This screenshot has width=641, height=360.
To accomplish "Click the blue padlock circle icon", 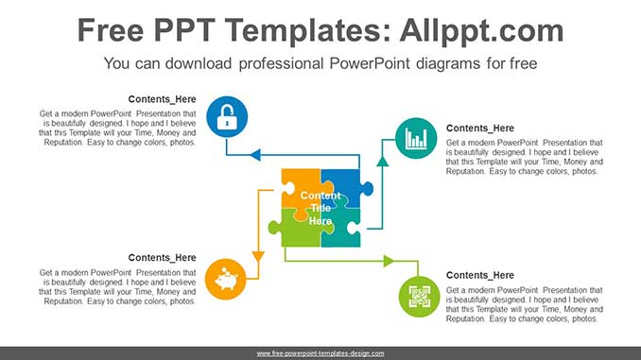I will pyautogui.click(x=226, y=118).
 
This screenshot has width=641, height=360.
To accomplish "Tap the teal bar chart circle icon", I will pyautogui.click(x=415, y=138).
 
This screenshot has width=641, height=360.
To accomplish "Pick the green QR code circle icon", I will pyautogui.click(x=419, y=297).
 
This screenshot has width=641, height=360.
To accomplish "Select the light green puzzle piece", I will pyautogui.click(x=297, y=231).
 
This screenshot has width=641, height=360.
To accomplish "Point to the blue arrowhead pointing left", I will pyautogui.click(x=254, y=154).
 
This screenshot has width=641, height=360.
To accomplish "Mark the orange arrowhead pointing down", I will pyautogui.click(x=257, y=255).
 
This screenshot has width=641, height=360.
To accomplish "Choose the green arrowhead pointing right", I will pyautogui.click(x=388, y=261).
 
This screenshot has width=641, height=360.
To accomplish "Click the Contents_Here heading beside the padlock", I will pyautogui.click(x=162, y=98).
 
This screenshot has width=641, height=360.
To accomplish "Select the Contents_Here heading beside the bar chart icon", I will pyautogui.click(x=480, y=129).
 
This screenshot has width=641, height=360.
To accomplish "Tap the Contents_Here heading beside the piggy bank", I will pyautogui.click(x=162, y=257).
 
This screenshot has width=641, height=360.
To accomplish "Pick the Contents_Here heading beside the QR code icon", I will pyautogui.click(x=480, y=275).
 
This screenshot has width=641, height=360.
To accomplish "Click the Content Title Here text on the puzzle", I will pyautogui.click(x=320, y=208).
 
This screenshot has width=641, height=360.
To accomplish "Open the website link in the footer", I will pyautogui.click(x=320, y=353).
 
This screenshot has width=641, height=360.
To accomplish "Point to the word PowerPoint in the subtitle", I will pyautogui.click(x=348, y=64).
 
